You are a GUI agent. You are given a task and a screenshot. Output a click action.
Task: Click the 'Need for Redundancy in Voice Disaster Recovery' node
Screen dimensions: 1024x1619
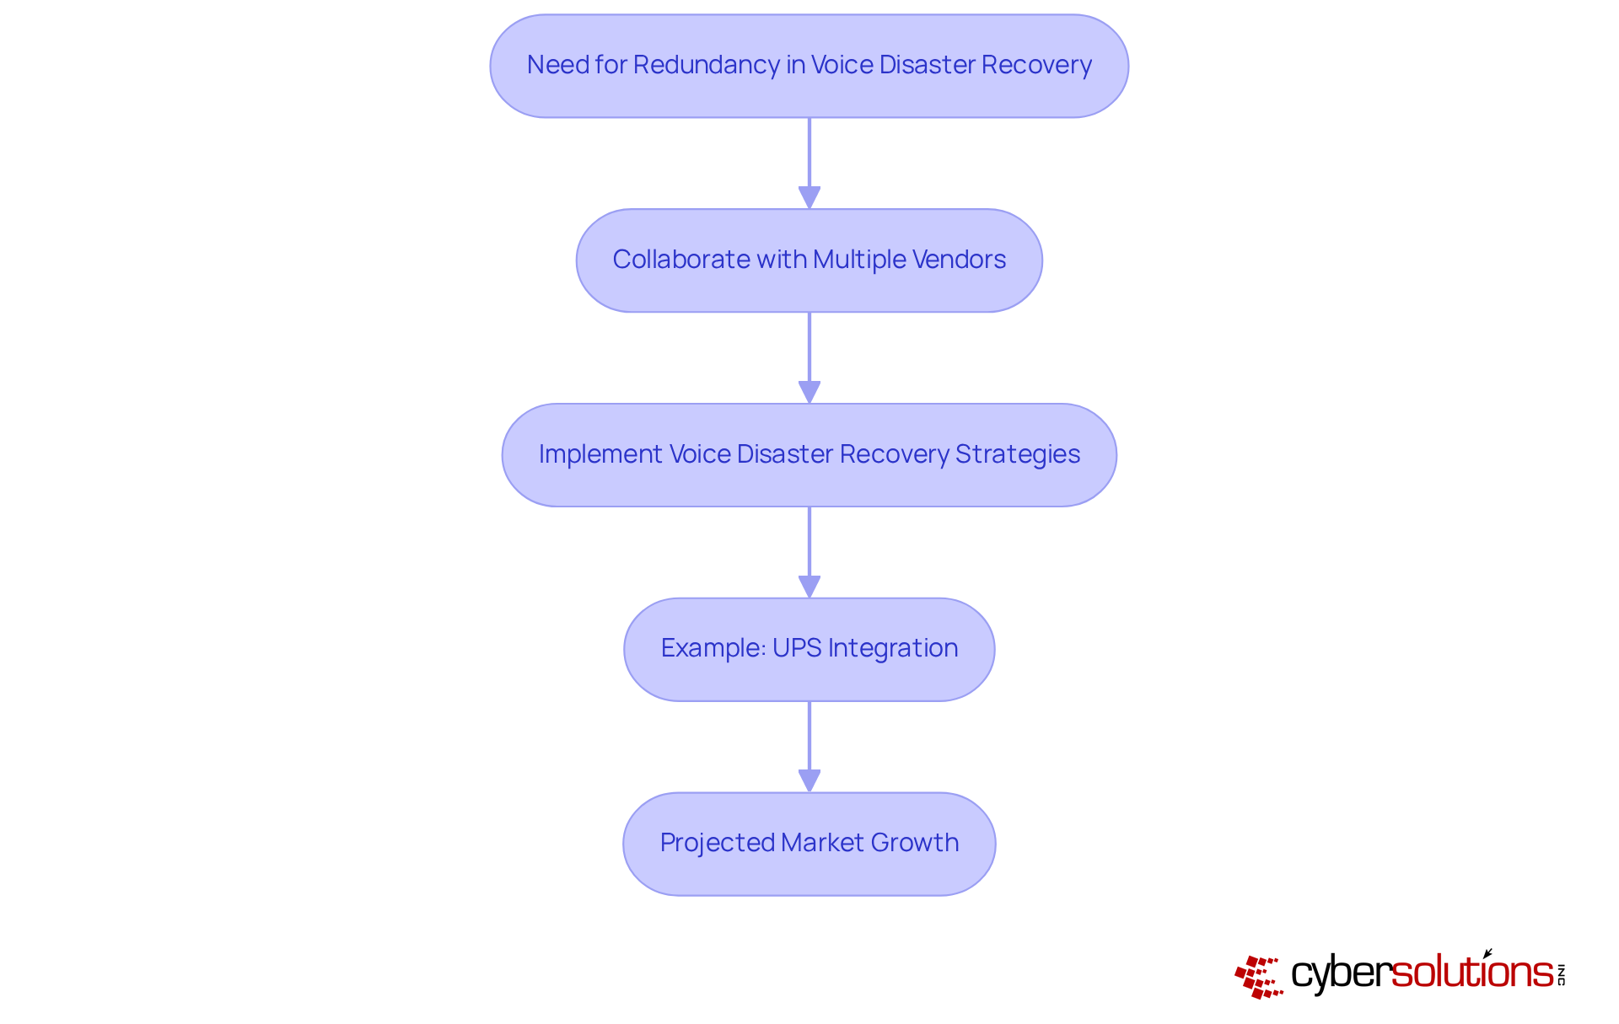[x=809, y=66]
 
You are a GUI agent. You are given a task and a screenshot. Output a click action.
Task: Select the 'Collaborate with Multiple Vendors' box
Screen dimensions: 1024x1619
[x=809, y=260]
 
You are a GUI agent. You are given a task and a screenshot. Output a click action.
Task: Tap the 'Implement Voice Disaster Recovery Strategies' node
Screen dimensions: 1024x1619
[x=809, y=455]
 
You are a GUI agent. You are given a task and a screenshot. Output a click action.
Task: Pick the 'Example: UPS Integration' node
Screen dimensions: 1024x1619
[x=809, y=649]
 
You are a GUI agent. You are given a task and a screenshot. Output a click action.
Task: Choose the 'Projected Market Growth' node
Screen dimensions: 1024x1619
[x=809, y=844]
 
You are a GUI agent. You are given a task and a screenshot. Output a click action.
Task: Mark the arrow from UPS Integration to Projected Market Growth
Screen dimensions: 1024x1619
[x=809, y=746]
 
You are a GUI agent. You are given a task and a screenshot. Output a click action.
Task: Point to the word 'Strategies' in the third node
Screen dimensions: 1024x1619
[x=1017, y=454]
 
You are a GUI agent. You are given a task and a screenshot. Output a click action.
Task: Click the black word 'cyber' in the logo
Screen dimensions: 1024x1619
[x=1341, y=974]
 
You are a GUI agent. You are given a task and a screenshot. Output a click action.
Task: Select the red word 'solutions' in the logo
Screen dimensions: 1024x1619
[x=1472, y=973]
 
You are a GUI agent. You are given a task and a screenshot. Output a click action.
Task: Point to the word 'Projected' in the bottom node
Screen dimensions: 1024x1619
[x=717, y=843]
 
